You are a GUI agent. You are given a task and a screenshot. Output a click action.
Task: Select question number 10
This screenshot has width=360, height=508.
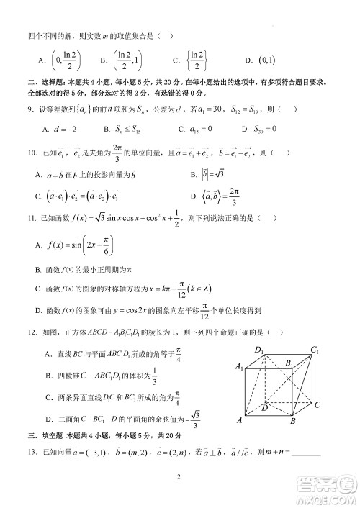[x=32, y=153]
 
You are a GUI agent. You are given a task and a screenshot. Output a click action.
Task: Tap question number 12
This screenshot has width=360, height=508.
[x=32, y=332]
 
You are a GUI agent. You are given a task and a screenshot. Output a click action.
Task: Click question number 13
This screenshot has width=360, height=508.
[x=32, y=451]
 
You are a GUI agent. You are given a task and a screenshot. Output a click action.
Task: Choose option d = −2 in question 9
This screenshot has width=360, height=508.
[x=55, y=130]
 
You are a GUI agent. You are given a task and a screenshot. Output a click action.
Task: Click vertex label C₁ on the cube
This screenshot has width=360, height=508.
[x=315, y=350]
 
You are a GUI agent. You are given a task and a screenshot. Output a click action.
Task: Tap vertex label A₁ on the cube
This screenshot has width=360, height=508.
[x=239, y=368]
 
